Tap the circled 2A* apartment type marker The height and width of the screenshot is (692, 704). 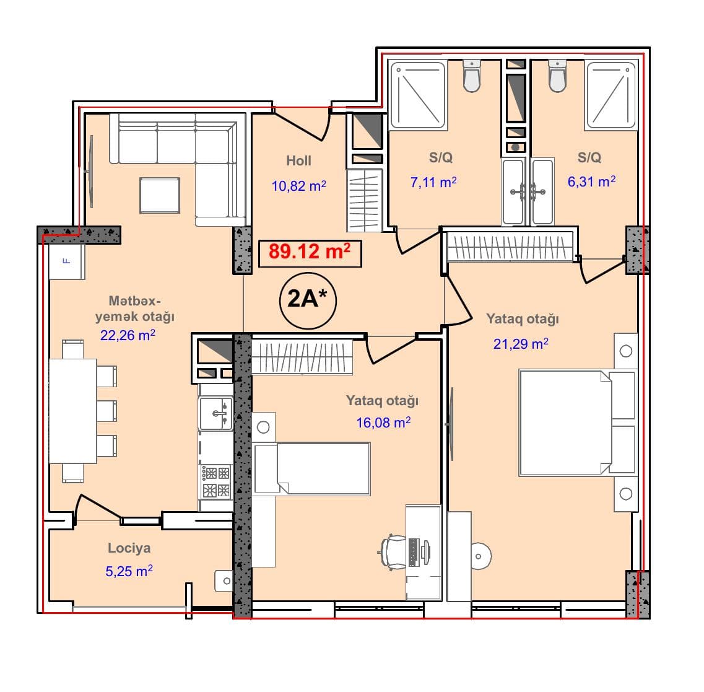(308, 300)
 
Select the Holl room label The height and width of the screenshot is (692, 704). (298, 161)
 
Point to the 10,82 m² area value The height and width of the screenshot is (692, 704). (298, 186)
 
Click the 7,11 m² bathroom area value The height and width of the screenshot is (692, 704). (433, 182)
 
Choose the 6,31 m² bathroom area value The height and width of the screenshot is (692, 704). (591, 182)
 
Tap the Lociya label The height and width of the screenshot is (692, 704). (129, 548)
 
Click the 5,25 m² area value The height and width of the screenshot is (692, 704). (129, 571)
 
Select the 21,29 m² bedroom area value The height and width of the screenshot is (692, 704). (521, 344)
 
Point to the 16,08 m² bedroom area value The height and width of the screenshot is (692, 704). (383, 423)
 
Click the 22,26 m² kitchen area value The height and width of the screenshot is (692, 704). (128, 335)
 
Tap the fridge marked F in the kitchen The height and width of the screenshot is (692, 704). (67, 261)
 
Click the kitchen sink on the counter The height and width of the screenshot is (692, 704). (215, 413)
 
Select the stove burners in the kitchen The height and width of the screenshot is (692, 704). (216, 481)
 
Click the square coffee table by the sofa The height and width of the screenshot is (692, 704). (160, 195)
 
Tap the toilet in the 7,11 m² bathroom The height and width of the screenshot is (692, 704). (472, 76)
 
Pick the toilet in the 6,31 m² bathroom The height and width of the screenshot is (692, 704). (557, 76)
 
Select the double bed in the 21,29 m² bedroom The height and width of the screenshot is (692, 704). (578, 423)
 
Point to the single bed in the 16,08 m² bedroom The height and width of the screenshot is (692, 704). (312, 469)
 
